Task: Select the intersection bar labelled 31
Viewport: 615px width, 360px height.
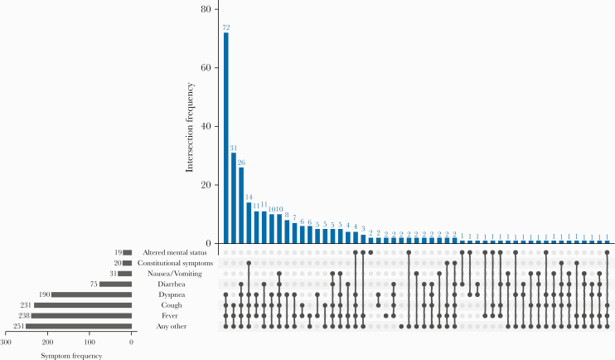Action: pos(234,198)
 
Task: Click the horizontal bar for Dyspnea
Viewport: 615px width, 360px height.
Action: pos(92,294)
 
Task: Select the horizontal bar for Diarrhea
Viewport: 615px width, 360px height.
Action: pos(115,284)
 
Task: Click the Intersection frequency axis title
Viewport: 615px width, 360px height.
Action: pos(191,124)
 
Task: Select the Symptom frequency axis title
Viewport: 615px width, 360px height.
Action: pos(70,355)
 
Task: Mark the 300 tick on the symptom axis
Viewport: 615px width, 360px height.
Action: pos(7,341)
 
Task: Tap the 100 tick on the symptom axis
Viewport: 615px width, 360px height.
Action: pos(90,341)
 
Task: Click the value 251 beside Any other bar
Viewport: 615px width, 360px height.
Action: pos(18,327)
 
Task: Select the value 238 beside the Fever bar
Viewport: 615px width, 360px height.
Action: pos(23,316)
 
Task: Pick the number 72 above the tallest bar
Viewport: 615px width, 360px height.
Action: pos(225,27)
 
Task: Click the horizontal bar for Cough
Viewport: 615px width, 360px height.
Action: pos(83,305)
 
